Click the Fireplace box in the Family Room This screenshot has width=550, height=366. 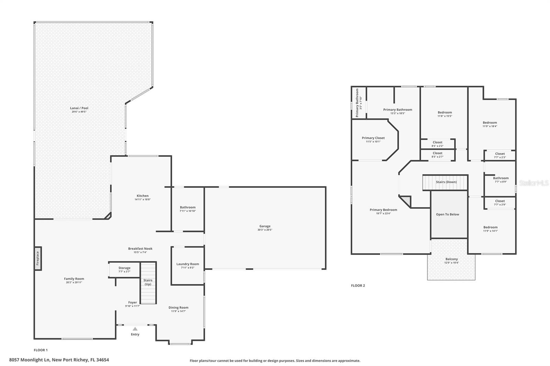pyautogui.click(x=38, y=258)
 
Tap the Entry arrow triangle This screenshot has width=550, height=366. pyautogui.click(x=135, y=329)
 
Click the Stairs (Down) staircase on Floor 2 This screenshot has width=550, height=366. pyautogui.click(x=445, y=182)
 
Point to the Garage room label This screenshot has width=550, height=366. pyautogui.click(x=265, y=226)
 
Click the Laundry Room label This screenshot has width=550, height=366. pyautogui.click(x=188, y=264)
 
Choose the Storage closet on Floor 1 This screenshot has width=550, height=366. pyautogui.click(x=124, y=270)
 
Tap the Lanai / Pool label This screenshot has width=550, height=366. pyautogui.click(x=79, y=108)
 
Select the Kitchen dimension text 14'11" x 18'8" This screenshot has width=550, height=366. pyautogui.click(x=143, y=199)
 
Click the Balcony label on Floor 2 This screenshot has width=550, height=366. pyautogui.click(x=451, y=259)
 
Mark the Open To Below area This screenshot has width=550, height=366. pyautogui.click(x=448, y=215)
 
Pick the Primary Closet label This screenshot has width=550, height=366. pyautogui.click(x=373, y=138)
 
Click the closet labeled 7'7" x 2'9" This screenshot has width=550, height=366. pyautogui.click(x=500, y=203)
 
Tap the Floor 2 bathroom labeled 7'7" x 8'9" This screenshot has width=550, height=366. pyautogui.click(x=500, y=180)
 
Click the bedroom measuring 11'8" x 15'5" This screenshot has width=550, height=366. pyautogui.click(x=444, y=114)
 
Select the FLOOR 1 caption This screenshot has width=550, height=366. pyautogui.click(x=41, y=350)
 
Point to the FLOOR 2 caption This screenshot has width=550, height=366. pyautogui.click(x=358, y=286)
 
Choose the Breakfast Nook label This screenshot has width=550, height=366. pyautogui.click(x=140, y=249)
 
